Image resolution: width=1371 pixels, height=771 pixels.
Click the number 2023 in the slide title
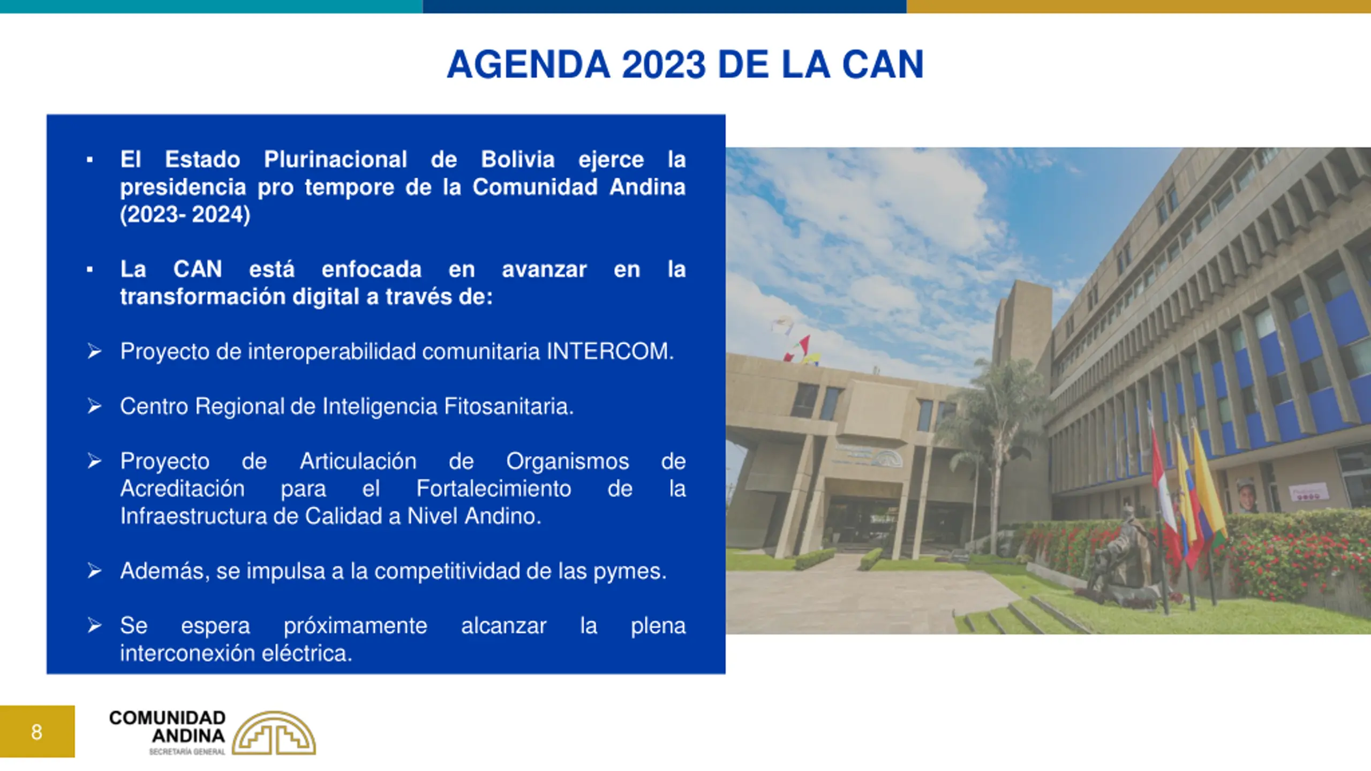pyautogui.click(x=664, y=65)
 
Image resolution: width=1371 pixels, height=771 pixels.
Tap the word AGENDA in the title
pyautogui.click(x=529, y=65)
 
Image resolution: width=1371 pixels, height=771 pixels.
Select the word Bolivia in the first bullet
pyautogui.click(x=517, y=160)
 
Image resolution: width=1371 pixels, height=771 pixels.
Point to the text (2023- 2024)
pyautogui.click(x=185, y=215)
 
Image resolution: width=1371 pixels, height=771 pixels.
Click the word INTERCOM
pyautogui.click(x=610, y=352)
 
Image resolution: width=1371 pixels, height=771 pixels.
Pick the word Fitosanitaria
pyautogui.click(x=509, y=406)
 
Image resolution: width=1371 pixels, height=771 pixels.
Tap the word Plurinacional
pyautogui.click(x=335, y=160)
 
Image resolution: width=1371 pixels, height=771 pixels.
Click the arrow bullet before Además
pyautogui.click(x=94, y=571)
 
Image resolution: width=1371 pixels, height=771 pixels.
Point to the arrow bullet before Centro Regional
pyautogui.click(x=94, y=406)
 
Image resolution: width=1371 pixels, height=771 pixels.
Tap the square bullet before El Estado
pyautogui.click(x=89, y=160)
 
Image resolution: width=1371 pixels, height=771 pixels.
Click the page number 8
pyautogui.click(x=36, y=731)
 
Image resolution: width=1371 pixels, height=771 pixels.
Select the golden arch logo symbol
pyautogui.click(x=274, y=734)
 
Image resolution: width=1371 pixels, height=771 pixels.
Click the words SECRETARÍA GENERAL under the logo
pyautogui.click(x=187, y=752)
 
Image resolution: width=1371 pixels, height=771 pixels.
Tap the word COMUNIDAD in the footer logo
pyautogui.click(x=167, y=717)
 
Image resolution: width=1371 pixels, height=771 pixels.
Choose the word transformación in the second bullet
pyautogui.click(x=203, y=297)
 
